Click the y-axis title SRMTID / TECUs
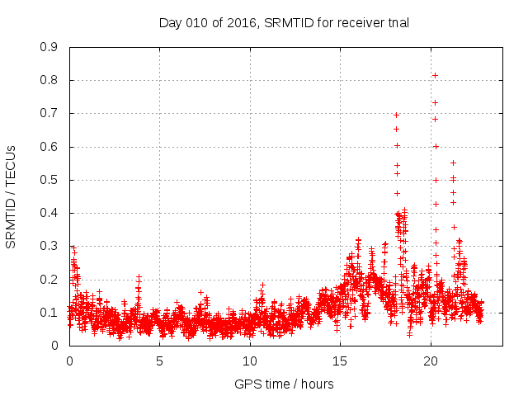(12, 196)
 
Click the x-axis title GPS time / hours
(284, 384)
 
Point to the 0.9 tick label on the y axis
(49, 47)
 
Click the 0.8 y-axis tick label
(49, 80)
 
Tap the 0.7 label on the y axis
(49, 113)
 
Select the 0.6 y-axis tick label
(49, 147)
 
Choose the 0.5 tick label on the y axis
(49, 180)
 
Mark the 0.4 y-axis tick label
(49, 213)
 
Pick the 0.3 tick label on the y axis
(49, 246)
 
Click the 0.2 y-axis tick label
(49, 280)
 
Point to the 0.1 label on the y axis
(49, 313)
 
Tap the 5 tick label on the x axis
(160, 361)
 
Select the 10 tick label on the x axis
(250, 361)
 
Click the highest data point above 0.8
(435, 76)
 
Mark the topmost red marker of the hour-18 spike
(396, 115)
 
